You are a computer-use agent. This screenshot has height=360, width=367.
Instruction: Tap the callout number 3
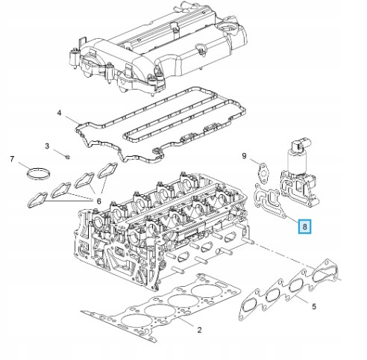[47, 146]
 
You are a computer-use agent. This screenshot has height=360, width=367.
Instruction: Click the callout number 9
[243, 155]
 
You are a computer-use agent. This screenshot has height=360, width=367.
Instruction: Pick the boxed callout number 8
[304, 226]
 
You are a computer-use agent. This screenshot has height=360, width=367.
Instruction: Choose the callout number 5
[314, 305]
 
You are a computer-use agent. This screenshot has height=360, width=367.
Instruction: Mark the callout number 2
[199, 329]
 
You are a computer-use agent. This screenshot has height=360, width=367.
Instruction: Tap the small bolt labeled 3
[66, 156]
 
